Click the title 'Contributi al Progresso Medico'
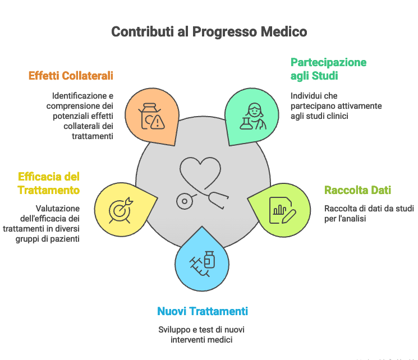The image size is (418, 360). (x=209, y=31)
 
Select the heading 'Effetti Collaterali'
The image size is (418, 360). (x=71, y=75)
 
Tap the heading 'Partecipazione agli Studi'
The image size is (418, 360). (x=328, y=68)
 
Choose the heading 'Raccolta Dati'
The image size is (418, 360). (x=357, y=190)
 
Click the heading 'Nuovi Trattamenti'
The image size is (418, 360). (x=203, y=311)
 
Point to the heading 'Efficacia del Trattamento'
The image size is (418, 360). (x=48, y=183)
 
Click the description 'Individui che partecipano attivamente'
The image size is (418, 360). (x=336, y=106)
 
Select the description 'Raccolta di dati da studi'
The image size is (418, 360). (x=369, y=214)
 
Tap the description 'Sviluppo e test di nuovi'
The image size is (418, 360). (x=201, y=334)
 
